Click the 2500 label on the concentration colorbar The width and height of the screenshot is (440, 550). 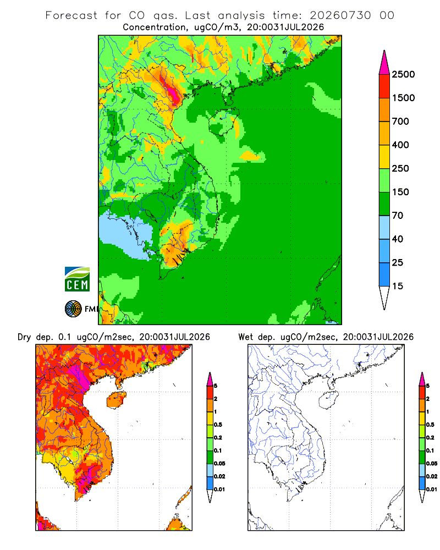(403, 74)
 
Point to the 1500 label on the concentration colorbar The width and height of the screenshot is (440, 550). (403, 98)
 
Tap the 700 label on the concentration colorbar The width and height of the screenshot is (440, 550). (400, 122)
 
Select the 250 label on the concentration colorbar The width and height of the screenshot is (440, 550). (400, 168)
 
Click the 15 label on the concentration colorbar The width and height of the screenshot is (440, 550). (398, 286)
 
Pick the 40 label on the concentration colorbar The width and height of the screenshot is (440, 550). (398, 239)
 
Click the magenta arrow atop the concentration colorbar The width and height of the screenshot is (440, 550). (384, 63)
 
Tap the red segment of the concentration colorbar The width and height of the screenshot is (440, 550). (384, 86)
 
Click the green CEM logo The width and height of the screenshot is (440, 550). (77, 279)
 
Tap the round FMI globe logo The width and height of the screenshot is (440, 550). (73, 309)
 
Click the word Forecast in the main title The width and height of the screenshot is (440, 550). (71, 15)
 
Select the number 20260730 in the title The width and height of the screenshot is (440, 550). (340, 15)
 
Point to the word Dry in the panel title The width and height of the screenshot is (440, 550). (24, 337)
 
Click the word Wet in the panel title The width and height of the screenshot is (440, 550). (245, 337)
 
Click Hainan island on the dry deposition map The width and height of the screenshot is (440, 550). (116, 399)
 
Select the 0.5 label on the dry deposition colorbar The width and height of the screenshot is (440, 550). (218, 425)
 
